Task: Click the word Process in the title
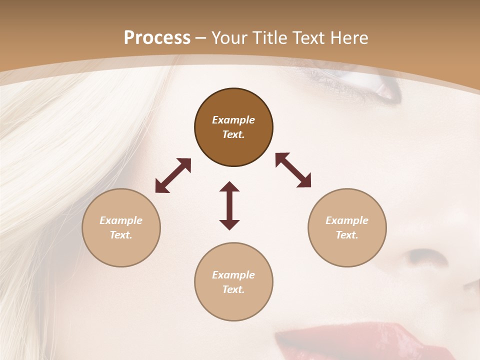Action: point(157,38)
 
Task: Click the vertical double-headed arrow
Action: point(229,205)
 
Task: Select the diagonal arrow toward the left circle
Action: point(173,175)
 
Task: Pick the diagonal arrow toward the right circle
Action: point(293,170)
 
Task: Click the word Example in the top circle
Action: point(233,120)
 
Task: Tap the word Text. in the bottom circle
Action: point(233,289)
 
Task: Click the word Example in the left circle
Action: point(121,220)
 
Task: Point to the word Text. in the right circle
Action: point(347,235)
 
